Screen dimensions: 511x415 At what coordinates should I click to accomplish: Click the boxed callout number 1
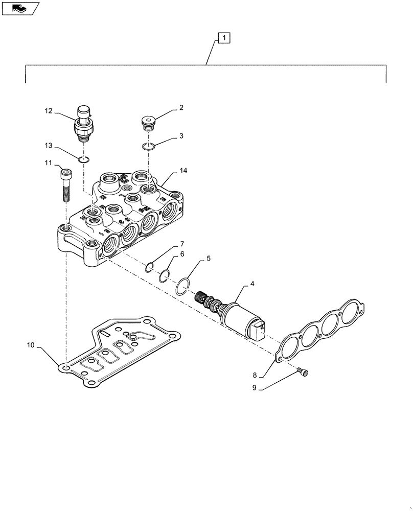(224, 37)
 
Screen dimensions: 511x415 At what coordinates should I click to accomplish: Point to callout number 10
(31, 346)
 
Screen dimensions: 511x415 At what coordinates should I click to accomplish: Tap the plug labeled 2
(147, 122)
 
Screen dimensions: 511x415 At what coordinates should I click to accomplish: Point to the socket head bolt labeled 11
(65, 185)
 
